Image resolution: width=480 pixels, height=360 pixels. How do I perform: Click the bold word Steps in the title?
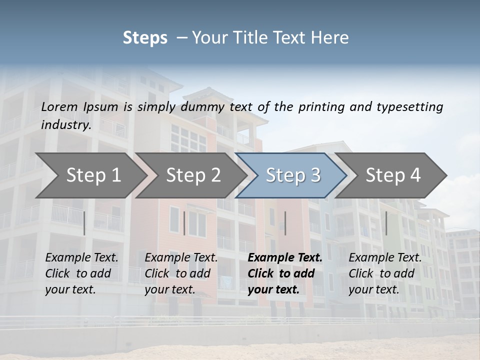click(145, 38)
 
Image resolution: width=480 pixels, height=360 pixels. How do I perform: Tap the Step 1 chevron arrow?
click(93, 175)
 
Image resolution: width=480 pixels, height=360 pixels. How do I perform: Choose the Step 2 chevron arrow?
click(193, 175)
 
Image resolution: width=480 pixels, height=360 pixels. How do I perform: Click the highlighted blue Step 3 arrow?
click(293, 175)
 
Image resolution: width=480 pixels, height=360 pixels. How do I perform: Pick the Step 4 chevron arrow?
click(393, 175)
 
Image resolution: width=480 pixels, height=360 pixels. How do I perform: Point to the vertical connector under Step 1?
click(84, 223)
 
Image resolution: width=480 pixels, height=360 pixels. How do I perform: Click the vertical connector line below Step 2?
click(184, 223)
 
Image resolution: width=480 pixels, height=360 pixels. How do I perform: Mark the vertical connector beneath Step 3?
click(285, 223)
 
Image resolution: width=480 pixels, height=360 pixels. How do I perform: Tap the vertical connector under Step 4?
click(386, 223)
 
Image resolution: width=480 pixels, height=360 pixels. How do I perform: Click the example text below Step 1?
click(81, 273)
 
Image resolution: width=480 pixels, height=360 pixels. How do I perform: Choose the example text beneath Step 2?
click(181, 273)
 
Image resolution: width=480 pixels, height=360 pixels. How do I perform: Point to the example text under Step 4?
click(385, 273)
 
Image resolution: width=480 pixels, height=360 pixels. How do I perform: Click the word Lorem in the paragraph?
click(59, 106)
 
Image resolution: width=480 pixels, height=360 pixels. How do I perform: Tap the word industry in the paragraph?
click(65, 125)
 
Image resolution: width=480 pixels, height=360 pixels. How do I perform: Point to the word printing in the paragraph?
click(321, 106)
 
